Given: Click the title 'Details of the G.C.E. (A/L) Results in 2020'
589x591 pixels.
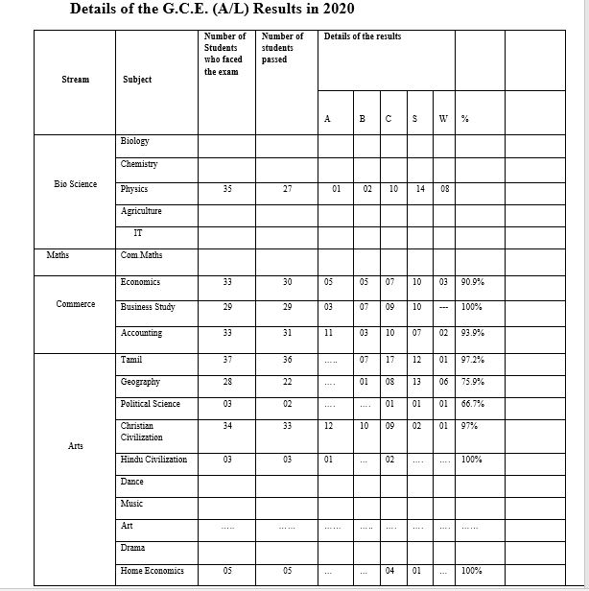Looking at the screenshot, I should click(x=213, y=11).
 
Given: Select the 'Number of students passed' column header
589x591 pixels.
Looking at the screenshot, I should click(x=281, y=47).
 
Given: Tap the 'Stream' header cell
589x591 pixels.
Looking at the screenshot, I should click(x=75, y=80).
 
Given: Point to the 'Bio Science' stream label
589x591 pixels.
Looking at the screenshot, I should click(x=75, y=183).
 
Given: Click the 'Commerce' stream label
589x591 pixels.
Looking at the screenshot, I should click(x=75, y=304).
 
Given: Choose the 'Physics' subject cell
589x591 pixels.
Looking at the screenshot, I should click(x=134, y=189).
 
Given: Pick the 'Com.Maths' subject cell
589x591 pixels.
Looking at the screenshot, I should click(x=141, y=256).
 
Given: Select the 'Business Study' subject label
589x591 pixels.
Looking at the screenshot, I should click(x=149, y=307).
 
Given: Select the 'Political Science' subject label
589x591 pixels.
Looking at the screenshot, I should click(x=151, y=404).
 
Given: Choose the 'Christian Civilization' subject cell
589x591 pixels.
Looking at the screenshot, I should click(x=142, y=431).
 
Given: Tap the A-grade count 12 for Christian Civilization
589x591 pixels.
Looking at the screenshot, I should click(x=330, y=425).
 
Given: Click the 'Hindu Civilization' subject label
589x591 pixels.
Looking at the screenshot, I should click(x=153, y=460).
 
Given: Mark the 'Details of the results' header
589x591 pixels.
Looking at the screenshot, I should click(x=363, y=36).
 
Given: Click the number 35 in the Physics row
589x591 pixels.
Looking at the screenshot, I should click(x=226, y=190).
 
